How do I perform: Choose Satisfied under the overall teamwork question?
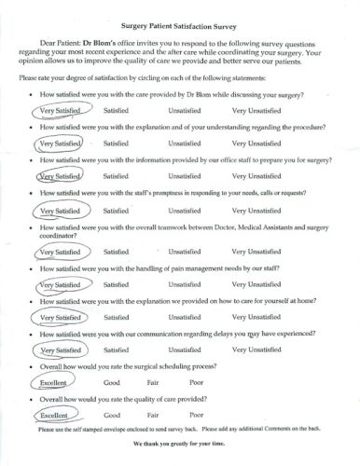116,251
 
